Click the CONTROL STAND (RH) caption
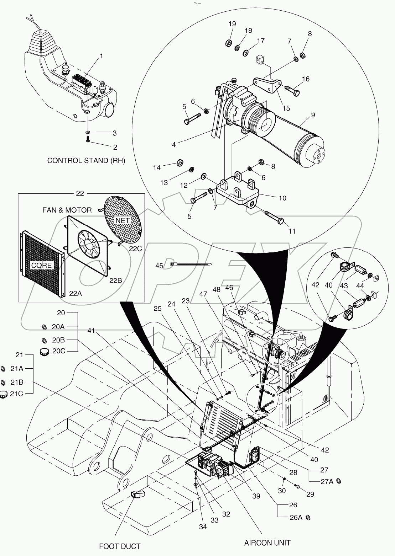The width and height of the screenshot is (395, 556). [x=87, y=160]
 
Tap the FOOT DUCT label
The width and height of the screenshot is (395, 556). [x=120, y=546]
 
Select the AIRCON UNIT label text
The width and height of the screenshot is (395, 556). [x=267, y=542]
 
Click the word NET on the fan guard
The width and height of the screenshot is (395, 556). [x=123, y=220]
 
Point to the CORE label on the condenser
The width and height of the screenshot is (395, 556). [x=42, y=265]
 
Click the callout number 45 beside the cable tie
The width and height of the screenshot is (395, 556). [x=159, y=266]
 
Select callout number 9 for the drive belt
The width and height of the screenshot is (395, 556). [x=313, y=115]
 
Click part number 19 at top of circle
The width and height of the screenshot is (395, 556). [x=232, y=24]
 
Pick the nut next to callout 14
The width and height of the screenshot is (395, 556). [x=180, y=163]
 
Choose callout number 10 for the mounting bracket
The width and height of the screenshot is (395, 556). [x=282, y=198]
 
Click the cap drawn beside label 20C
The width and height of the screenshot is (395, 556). [x=44, y=352]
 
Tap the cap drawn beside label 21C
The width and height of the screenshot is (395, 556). [x=3, y=394]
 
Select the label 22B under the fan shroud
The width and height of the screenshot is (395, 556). [x=116, y=280]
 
